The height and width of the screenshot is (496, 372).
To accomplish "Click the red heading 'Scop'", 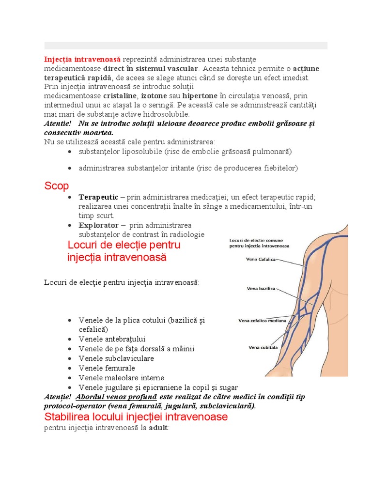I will point(57,186).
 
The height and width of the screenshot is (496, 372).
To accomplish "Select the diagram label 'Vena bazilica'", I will point(261,289).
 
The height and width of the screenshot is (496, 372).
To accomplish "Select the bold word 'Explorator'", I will point(98,225).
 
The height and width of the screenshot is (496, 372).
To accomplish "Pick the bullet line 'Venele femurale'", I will point(107,368).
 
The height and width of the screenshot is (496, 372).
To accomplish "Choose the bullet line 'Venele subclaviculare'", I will point(116,358).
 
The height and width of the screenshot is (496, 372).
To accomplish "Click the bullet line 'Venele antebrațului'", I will point(112,339).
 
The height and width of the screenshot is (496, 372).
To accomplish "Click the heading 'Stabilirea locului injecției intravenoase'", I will point(136,417).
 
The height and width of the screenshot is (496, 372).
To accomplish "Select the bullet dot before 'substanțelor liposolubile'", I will point(70,152).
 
